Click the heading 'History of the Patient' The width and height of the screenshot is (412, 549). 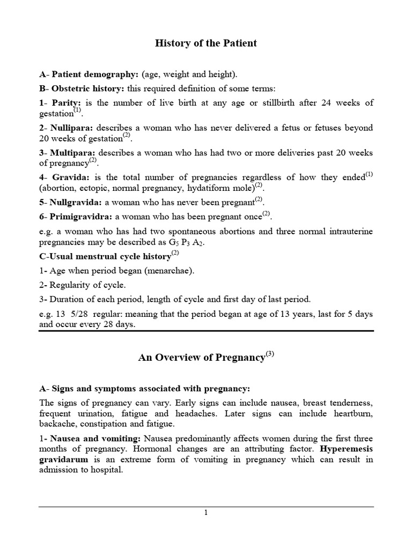coord(206,43)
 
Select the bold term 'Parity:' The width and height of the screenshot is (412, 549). coord(66,103)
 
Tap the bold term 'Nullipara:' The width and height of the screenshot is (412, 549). coord(72,128)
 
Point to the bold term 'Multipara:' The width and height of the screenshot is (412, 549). coord(73,153)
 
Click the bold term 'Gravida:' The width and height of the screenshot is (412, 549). coord(70,178)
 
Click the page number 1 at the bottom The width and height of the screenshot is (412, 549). coord(205,513)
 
